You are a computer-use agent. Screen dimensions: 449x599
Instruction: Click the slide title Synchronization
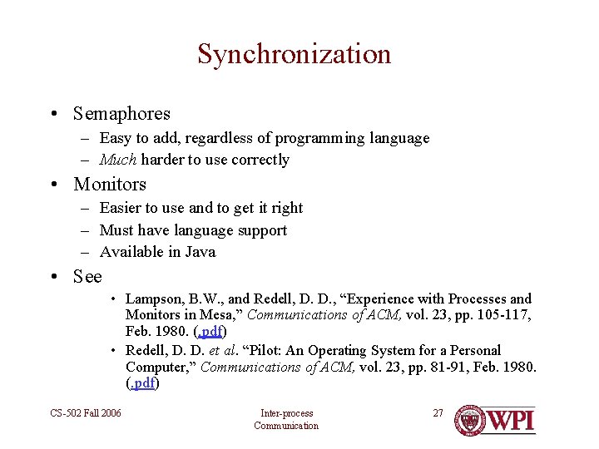coord(294,55)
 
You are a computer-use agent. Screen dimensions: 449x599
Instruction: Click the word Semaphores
coord(121,114)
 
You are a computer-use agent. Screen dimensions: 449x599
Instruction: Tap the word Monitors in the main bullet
coord(110,185)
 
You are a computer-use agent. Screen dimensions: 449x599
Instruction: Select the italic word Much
coord(117,160)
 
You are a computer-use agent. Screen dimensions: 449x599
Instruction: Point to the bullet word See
coord(87,277)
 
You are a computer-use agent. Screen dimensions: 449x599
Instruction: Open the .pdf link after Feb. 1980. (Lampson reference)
coord(210,331)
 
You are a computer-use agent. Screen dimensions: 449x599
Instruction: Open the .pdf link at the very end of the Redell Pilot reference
coord(142,383)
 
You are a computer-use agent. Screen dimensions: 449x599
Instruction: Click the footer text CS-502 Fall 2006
coord(85,413)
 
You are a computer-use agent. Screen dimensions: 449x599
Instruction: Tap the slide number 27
coord(438,413)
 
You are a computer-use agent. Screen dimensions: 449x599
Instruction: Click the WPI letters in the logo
coord(510,420)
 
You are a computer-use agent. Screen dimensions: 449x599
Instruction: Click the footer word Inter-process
coord(286,413)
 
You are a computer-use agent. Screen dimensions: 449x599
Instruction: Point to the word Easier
coord(121,208)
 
